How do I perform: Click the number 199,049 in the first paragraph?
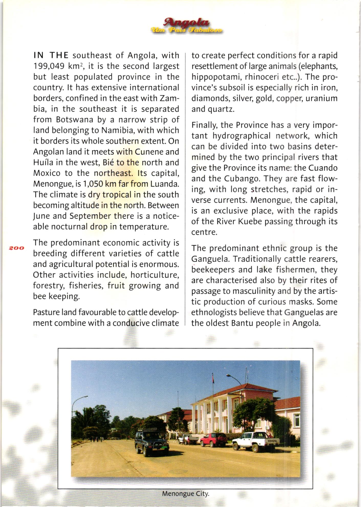tap(48, 66)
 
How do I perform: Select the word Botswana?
tap(74, 120)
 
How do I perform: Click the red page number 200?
tap(16, 248)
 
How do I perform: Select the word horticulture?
tap(154, 275)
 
